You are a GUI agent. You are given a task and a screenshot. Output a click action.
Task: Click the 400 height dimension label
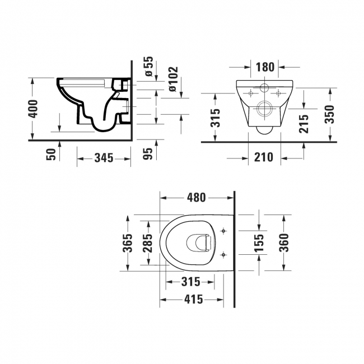pos(33,109)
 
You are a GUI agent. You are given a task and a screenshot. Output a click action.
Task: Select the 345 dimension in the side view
pos(104,159)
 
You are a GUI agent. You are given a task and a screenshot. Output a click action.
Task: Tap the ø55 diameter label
pos(148,66)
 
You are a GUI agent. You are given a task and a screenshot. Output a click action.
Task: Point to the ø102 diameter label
pos(173,79)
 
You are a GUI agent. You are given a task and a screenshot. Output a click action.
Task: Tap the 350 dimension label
pos(329,114)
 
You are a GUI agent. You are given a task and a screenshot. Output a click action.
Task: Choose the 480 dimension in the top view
pos(196,198)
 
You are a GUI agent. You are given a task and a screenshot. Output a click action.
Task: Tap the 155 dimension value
pos(259,242)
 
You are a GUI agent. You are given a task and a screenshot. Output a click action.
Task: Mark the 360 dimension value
pos(284,242)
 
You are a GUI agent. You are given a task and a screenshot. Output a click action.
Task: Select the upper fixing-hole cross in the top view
pos(223,231)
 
